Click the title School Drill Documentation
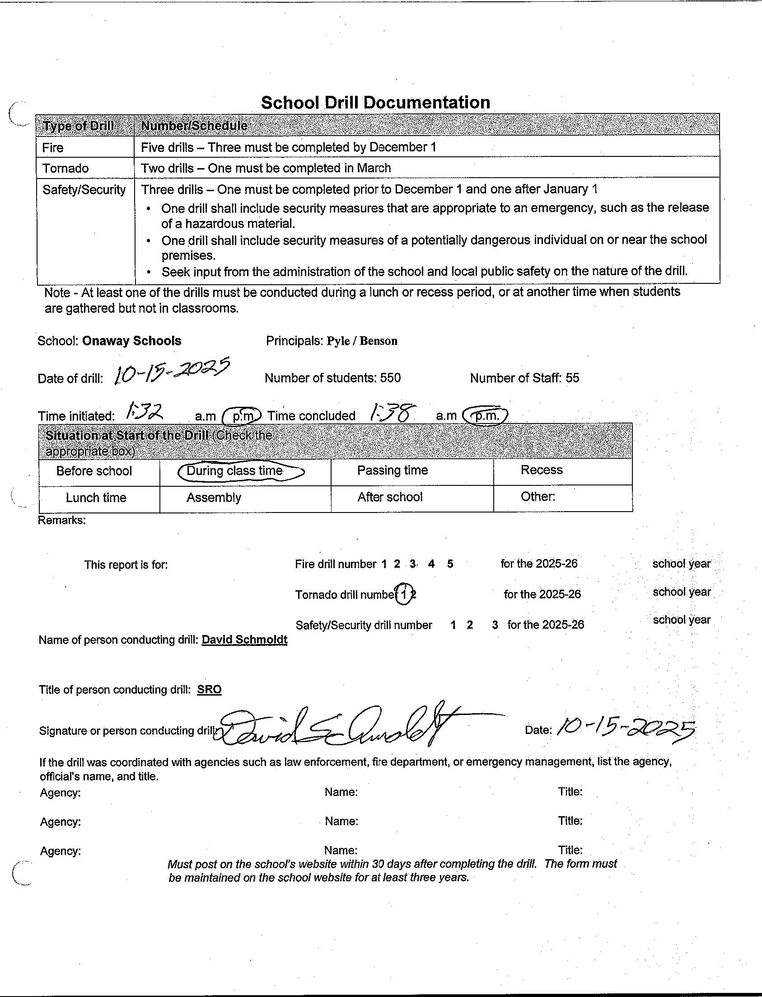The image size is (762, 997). (375, 103)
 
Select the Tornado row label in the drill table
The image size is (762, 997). (65, 169)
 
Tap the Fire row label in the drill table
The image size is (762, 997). (52, 147)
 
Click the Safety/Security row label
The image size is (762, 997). (84, 190)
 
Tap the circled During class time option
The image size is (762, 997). (235, 471)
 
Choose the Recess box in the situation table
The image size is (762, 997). (542, 470)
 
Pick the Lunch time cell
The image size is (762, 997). (96, 498)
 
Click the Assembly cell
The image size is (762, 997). (214, 498)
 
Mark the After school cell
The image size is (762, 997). (390, 497)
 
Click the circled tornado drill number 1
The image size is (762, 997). (404, 594)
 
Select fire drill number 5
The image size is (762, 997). (450, 564)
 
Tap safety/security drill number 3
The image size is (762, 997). (495, 625)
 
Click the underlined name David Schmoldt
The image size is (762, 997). (244, 640)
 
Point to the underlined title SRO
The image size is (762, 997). (209, 690)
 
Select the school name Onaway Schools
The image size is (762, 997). (131, 341)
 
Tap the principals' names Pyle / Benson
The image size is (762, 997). (362, 341)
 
